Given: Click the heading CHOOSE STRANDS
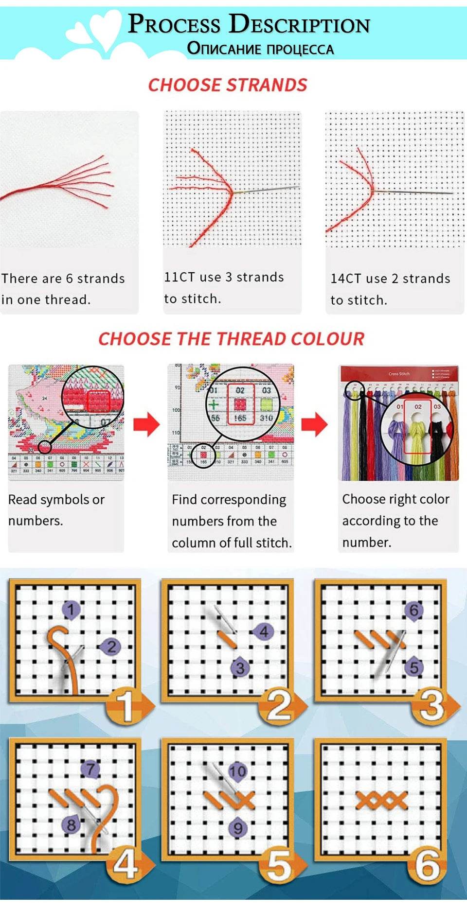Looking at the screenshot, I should pos(228,85).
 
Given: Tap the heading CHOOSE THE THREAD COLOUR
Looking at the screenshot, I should pos(231,339).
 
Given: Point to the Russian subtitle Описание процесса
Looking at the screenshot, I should pos(260,49).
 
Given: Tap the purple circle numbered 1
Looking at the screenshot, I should pos(71,610).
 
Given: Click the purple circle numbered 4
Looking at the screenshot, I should pos(263,632).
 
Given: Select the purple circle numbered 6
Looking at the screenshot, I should pos(413,610).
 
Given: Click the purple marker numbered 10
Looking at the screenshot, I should pos(237,771).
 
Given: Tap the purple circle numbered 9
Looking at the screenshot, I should pos(238,828).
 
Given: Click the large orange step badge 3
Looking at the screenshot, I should pos(432,706).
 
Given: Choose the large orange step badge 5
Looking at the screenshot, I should pos(279,866).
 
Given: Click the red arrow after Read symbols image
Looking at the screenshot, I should pos(146,424).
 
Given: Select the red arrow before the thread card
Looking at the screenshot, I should pos(314,424).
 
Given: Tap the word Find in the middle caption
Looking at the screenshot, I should pos(184,500).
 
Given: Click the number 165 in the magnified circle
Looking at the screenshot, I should pos(240,418).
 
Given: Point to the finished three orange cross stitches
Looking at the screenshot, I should pos(382,800).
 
